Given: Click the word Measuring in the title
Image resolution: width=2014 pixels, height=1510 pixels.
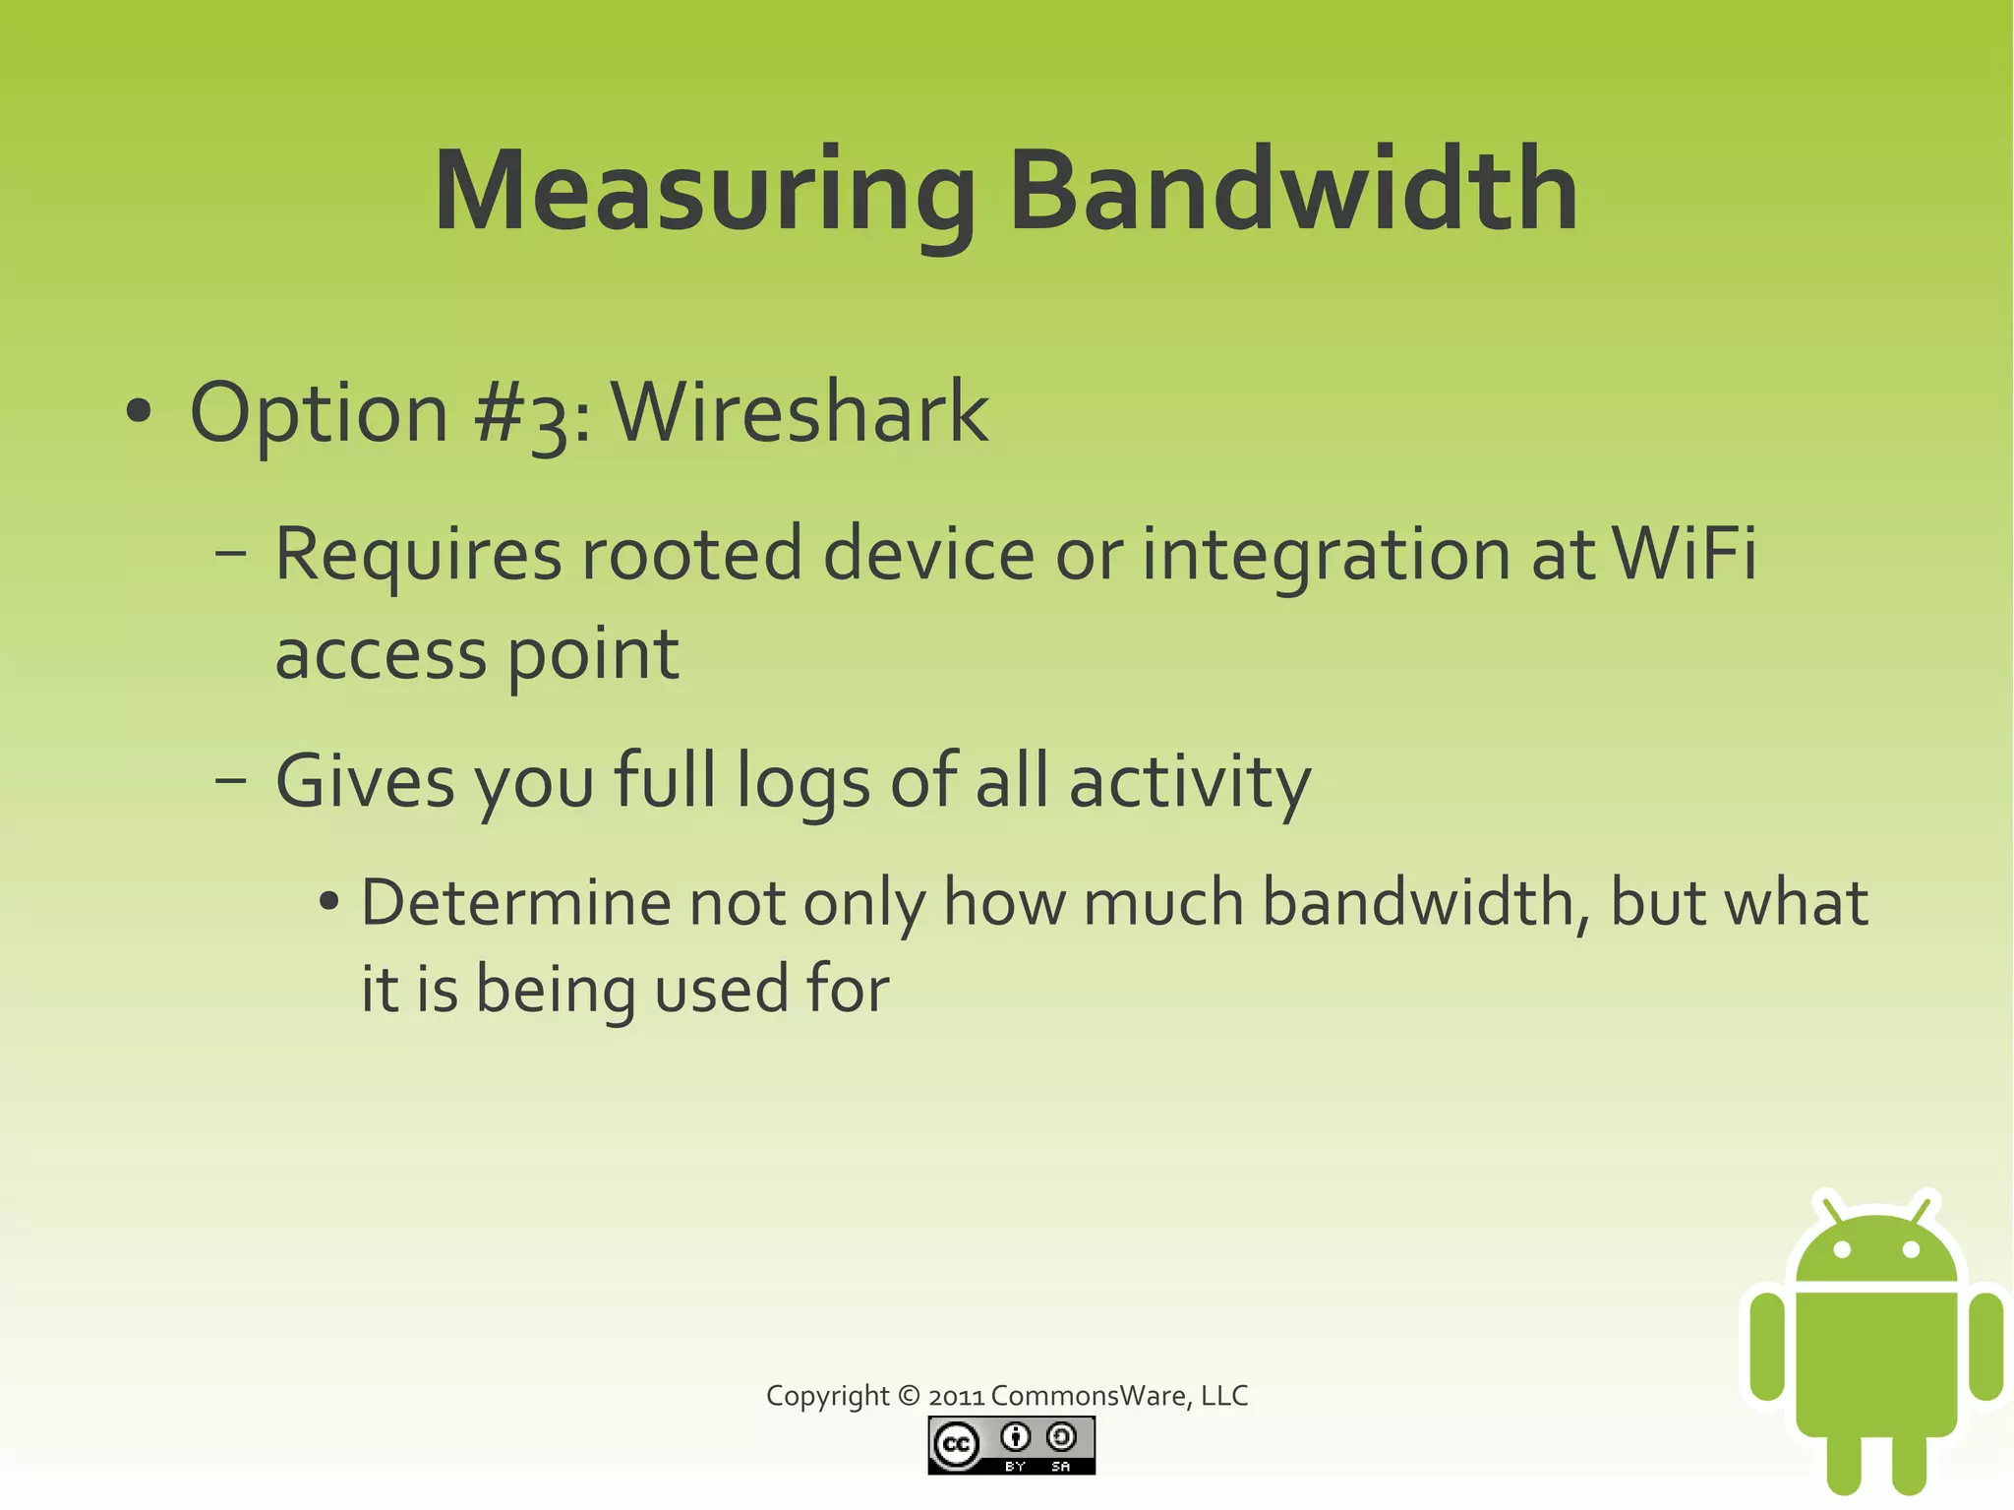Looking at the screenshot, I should [x=704, y=192].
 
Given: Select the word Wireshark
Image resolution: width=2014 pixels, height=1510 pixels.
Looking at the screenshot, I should [x=800, y=412].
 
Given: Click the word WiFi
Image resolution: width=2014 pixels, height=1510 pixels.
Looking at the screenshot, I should [x=1684, y=553].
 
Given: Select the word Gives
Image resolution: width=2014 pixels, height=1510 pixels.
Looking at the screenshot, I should [x=365, y=781].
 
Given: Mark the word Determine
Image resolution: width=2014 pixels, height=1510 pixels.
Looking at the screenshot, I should [x=514, y=902].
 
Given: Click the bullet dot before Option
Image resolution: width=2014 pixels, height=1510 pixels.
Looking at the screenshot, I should [x=139, y=412].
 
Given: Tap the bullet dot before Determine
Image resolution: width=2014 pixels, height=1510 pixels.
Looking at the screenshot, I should [x=329, y=901].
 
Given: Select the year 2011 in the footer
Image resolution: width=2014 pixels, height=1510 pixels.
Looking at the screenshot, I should [x=956, y=1396].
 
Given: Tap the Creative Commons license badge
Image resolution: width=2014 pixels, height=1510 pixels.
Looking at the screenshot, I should [x=1011, y=1445].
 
